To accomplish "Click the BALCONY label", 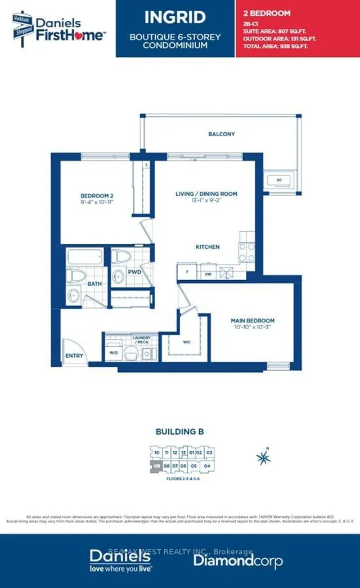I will [x=222, y=134].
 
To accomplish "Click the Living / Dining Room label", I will [x=206, y=194].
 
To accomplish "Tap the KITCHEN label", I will [x=208, y=246].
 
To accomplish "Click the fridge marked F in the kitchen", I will [x=187, y=272].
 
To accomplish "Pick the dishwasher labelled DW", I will [x=208, y=273].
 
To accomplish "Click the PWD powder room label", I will [x=134, y=272].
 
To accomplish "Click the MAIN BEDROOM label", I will [x=253, y=321].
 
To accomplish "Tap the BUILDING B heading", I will [x=179, y=432].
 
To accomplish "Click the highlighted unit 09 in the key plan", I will [x=156, y=465].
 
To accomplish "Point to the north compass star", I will [x=263, y=457].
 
